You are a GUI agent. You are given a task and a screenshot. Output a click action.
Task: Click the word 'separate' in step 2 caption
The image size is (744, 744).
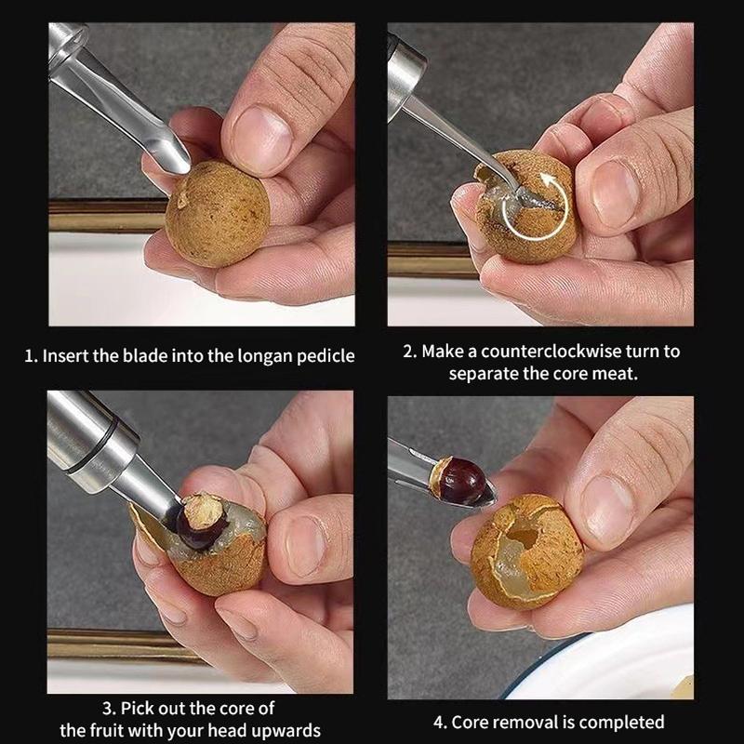(x=481, y=374)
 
